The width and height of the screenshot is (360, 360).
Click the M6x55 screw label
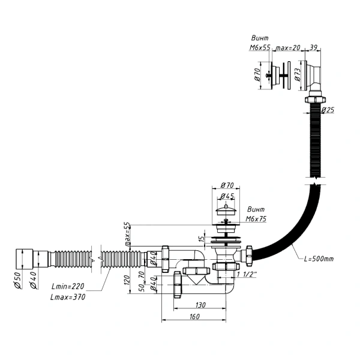(260, 47)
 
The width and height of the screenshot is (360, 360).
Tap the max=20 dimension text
(287, 47)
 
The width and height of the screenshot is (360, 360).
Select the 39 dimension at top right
(313, 47)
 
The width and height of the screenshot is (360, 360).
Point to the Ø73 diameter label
(298, 74)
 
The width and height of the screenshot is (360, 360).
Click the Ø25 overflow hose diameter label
(328, 110)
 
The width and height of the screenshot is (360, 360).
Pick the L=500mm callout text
(319, 259)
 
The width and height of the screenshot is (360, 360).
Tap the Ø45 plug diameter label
(227, 196)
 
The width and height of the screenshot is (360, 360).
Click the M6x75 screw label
(256, 219)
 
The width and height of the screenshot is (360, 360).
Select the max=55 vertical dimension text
(127, 234)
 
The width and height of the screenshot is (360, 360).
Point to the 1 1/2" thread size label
(247, 274)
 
